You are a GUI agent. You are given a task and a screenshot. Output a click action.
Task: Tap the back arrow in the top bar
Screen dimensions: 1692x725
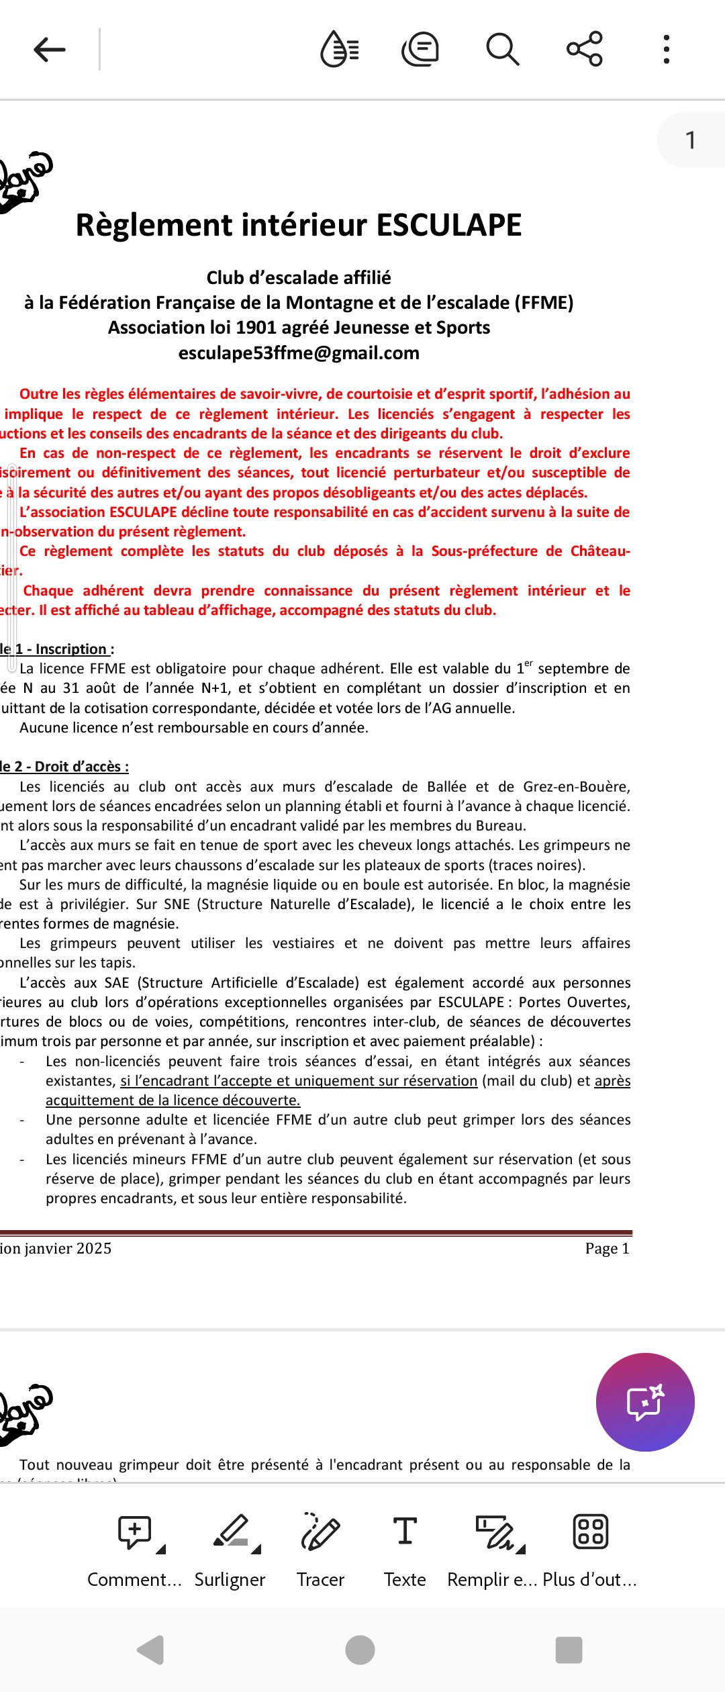pyautogui.click(x=50, y=50)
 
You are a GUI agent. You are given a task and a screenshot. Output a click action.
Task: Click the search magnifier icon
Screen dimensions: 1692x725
pyautogui.click(x=502, y=50)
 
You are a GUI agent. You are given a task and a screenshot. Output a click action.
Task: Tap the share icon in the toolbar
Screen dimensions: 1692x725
pyautogui.click(x=585, y=49)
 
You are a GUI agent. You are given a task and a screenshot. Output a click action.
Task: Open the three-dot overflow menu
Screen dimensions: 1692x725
pyautogui.click(x=666, y=50)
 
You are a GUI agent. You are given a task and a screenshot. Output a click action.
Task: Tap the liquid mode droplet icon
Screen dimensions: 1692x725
pyautogui.click(x=340, y=50)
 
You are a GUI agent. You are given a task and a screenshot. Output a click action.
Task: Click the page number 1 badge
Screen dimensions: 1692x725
pyautogui.click(x=690, y=140)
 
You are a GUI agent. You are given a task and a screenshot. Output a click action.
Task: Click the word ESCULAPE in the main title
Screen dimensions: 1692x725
pyautogui.click(x=448, y=225)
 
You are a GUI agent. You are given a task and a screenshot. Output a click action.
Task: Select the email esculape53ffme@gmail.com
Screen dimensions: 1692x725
pyautogui.click(x=299, y=353)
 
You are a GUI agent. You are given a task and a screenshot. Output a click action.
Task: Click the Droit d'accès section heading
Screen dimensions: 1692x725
pyautogui.click(x=81, y=767)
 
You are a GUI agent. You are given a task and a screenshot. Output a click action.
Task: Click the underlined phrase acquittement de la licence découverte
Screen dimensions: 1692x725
pyautogui.click(x=173, y=1100)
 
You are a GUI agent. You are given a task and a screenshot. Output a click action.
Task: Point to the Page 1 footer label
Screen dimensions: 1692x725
pyautogui.click(x=607, y=1249)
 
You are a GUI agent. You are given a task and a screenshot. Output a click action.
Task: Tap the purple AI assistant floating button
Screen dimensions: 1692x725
pyautogui.click(x=645, y=1402)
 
